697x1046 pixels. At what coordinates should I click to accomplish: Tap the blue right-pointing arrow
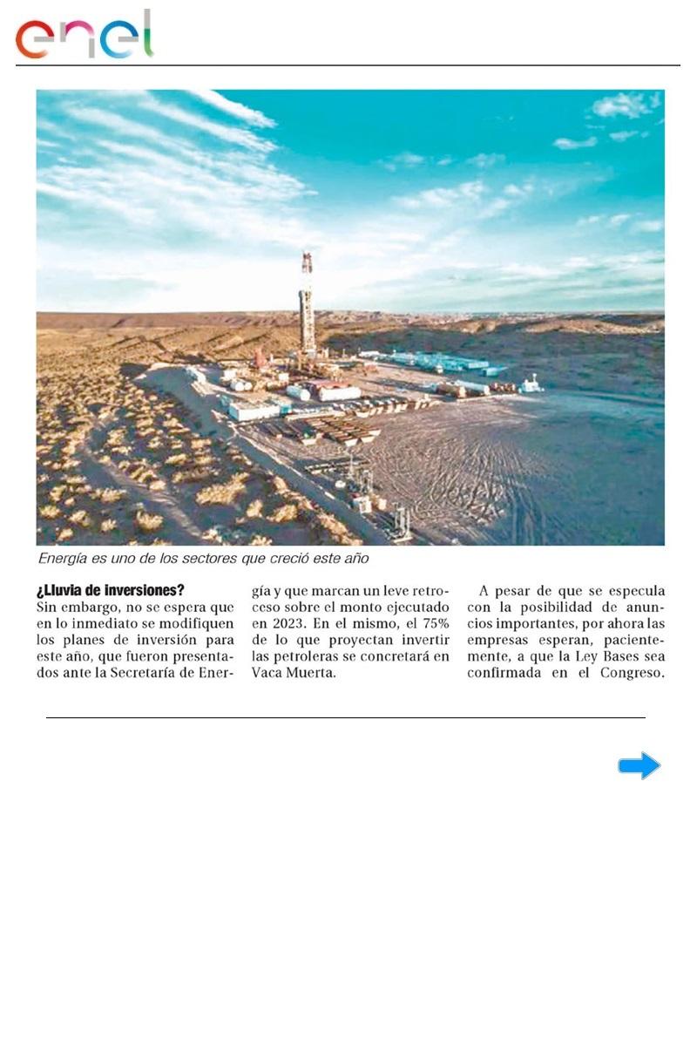tap(639, 765)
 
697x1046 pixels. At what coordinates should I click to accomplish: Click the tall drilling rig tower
tap(307, 305)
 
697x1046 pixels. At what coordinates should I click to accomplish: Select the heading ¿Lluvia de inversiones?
tap(111, 590)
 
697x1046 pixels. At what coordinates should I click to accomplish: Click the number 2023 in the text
tap(271, 623)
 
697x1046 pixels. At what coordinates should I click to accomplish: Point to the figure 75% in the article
tap(430, 623)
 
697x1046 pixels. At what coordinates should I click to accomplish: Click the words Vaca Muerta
tap(293, 673)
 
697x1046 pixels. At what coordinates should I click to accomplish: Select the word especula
tap(633, 590)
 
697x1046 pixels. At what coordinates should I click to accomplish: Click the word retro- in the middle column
tap(424, 590)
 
